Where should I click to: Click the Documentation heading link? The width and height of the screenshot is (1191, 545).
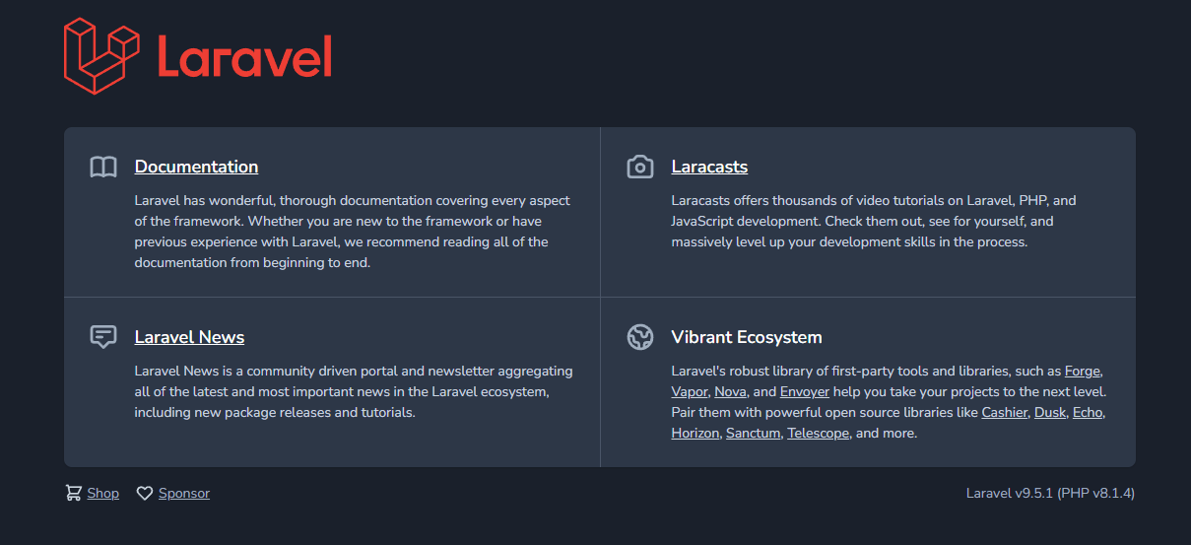coord(196,167)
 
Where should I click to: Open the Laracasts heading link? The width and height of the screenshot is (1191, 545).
coord(709,167)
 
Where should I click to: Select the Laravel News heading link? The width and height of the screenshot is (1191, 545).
coord(189,337)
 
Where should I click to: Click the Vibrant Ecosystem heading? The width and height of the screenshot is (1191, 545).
coord(746,337)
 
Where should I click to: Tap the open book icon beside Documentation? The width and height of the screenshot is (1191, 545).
coord(103,167)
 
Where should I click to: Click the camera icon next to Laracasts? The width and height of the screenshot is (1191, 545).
coord(640,167)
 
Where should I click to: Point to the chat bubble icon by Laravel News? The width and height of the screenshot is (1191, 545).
coord(103,337)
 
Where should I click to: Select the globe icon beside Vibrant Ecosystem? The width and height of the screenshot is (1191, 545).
coord(640,337)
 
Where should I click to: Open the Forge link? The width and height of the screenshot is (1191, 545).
coord(1083,372)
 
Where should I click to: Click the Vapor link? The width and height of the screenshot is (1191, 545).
coord(690,392)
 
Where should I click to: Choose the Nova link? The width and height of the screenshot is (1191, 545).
coord(730,392)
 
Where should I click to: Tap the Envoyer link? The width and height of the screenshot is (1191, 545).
coord(804,392)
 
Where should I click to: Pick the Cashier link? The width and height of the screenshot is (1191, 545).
coord(1004,413)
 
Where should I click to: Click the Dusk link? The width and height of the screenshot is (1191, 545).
coord(1049,413)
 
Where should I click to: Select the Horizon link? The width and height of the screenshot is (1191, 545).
coord(695,434)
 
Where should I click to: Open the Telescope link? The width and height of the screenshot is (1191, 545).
coord(818,434)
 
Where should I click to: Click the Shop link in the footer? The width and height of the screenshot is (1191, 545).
coord(102,493)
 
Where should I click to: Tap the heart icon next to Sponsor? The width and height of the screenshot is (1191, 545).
coord(145,493)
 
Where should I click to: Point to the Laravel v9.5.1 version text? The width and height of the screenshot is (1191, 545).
coord(1050,493)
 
